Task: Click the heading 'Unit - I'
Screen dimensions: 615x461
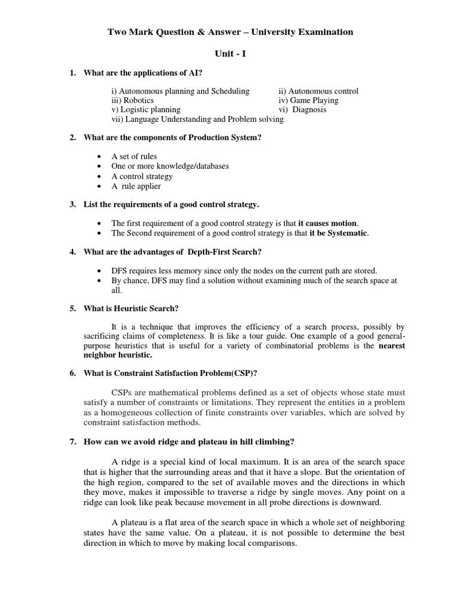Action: click(x=230, y=53)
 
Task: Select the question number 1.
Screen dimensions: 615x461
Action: click(x=73, y=73)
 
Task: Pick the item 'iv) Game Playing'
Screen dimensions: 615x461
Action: click(x=308, y=100)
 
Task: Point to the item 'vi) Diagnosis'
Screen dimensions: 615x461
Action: click(x=303, y=110)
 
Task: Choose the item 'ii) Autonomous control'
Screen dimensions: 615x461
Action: click(x=318, y=91)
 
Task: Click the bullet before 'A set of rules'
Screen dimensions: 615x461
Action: click(x=98, y=157)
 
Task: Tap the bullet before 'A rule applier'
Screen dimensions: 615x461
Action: click(x=98, y=187)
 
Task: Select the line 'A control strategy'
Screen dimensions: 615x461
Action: click(x=142, y=177)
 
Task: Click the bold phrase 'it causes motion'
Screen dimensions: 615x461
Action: click(x=327, y=223)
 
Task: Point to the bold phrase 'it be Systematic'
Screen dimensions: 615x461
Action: click(x=338, y=233)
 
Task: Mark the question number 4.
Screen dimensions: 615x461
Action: click(x=73, y=251)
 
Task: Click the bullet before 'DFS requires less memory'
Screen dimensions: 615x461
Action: click(x=98, y=271)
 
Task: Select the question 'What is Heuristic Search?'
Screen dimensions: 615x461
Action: click(x=131, y=309)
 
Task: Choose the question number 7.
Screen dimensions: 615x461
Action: click(x=73, y=442)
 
